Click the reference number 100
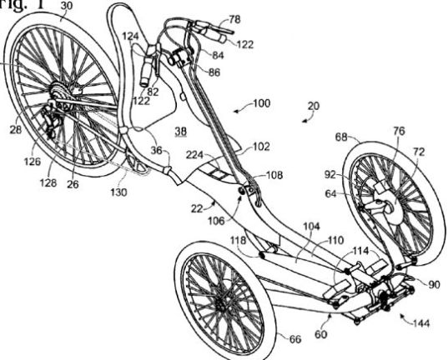pos(261,103)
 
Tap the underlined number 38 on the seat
pos(180,131)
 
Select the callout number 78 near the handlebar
pos(234,19)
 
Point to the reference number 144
pos(421,323)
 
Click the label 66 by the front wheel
pos(295,339)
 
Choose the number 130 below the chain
pos(118,192)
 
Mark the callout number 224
pos(194,155)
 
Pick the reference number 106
pos(216,221)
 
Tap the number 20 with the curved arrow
pos(314,106)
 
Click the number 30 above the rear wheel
pos(67,7)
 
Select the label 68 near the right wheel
pos(341,137)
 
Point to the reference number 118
pos(239,240)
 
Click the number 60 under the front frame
pos(320,334)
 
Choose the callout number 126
pos(32,162)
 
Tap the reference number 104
pos(311,227)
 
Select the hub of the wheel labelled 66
pos(221,305)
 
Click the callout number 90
pos(434,285)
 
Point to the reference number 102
pos(261,147)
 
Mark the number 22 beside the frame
pos(197,209)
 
